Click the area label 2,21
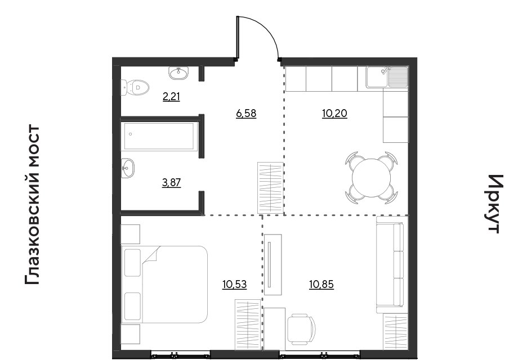pyautogui.click(x=171, y=97)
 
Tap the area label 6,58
pyautogui.click(x=246, y=114)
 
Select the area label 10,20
pyautogui.click(x=334, y=114)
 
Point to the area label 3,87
pyautogui.click(x=172, y=183)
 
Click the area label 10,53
pyautogui.click(x=235, y=285)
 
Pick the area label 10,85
pyautogui.click(x=321, y=284)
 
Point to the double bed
pyautogui.click(x=164, y=284)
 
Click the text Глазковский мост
pyautogui.click(x=32, y=205)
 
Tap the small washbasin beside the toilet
pyautogui.click(x=178, y=73)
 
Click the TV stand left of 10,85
pyautogui.click(x=273, y=264)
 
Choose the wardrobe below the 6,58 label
pyautogui.click(x=270, y=188)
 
